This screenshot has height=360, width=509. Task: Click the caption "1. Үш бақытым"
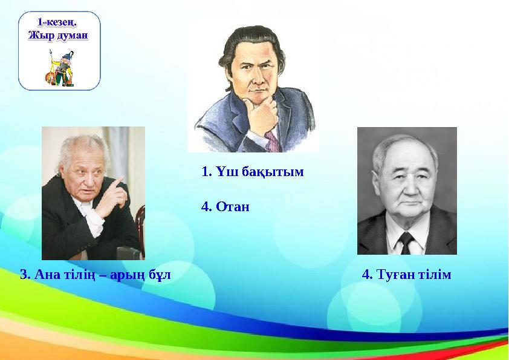click(x=252, y=172)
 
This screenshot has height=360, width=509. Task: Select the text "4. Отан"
click(x=225, y=207)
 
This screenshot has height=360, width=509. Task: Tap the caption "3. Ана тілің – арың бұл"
click(x=96, y=275)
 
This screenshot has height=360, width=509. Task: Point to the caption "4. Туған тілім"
click(x=406, y=275)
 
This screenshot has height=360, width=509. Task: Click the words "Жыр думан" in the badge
click(x=59, y=35)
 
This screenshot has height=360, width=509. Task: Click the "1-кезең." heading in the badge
click(x=59, y=22)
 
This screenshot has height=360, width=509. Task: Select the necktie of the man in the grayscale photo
click(x=406, y=242)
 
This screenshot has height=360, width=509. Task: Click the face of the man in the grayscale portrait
click(x=404, y=188)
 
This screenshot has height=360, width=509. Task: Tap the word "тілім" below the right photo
click(x=434, y=275)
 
